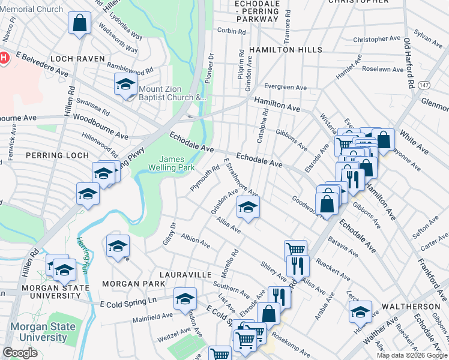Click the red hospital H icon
[4, 58]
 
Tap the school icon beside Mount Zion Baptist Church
[125, 85]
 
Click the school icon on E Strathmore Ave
[247, 207]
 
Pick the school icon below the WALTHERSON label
[361, 311]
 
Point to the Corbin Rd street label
[232, 31]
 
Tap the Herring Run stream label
[82, 252]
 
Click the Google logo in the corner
[20, 353]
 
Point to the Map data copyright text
[412, 355]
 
